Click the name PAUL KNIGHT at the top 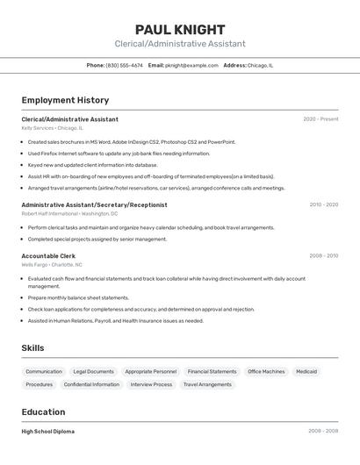pos(180,30)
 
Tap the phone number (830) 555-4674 pos(124,65)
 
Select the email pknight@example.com pos(191,65)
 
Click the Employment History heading pos(65,100)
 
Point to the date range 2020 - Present pos(320,119)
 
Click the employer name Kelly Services pos(38,128)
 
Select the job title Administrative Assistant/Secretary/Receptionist pos(94,204)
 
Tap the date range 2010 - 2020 pos(323,204)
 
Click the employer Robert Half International pos(50,213)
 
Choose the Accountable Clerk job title pos(48,256)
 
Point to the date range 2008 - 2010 pos(323,256)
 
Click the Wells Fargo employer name pos(34,265)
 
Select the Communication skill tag pos(44,371)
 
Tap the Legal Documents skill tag pos(93,371)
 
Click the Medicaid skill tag pos(306,371)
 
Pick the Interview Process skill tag pos(151,384)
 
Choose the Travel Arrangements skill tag pos(207,384)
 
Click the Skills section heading pos(32,348)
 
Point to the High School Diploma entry pos(47,432)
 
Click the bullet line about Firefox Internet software pos(119,154)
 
